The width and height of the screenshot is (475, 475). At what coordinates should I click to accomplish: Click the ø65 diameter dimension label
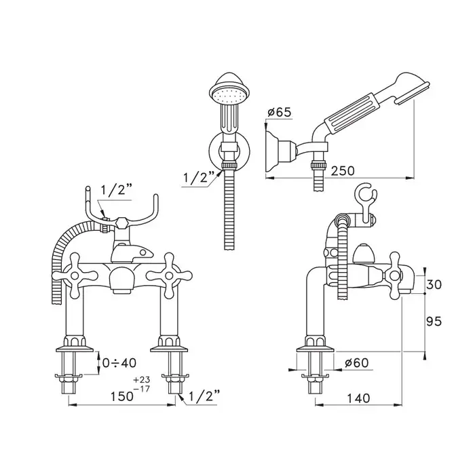point(279,112)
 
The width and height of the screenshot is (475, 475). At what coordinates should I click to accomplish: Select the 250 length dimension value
point(342,171)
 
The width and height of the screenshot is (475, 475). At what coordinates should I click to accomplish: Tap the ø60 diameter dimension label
point(356,362)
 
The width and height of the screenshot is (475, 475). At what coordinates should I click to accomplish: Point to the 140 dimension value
point(358,398)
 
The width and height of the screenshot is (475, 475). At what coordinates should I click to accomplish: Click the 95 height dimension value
point(434,321)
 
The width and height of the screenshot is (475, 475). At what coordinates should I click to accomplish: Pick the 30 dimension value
point(434,284)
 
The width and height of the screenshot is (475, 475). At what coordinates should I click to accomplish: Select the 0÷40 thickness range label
point(119,362)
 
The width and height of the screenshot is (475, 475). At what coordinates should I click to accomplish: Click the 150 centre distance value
point(121,396)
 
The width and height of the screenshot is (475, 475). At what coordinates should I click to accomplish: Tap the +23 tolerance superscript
point(142,379)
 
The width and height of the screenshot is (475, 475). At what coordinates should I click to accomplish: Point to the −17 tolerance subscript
point(142,388)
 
